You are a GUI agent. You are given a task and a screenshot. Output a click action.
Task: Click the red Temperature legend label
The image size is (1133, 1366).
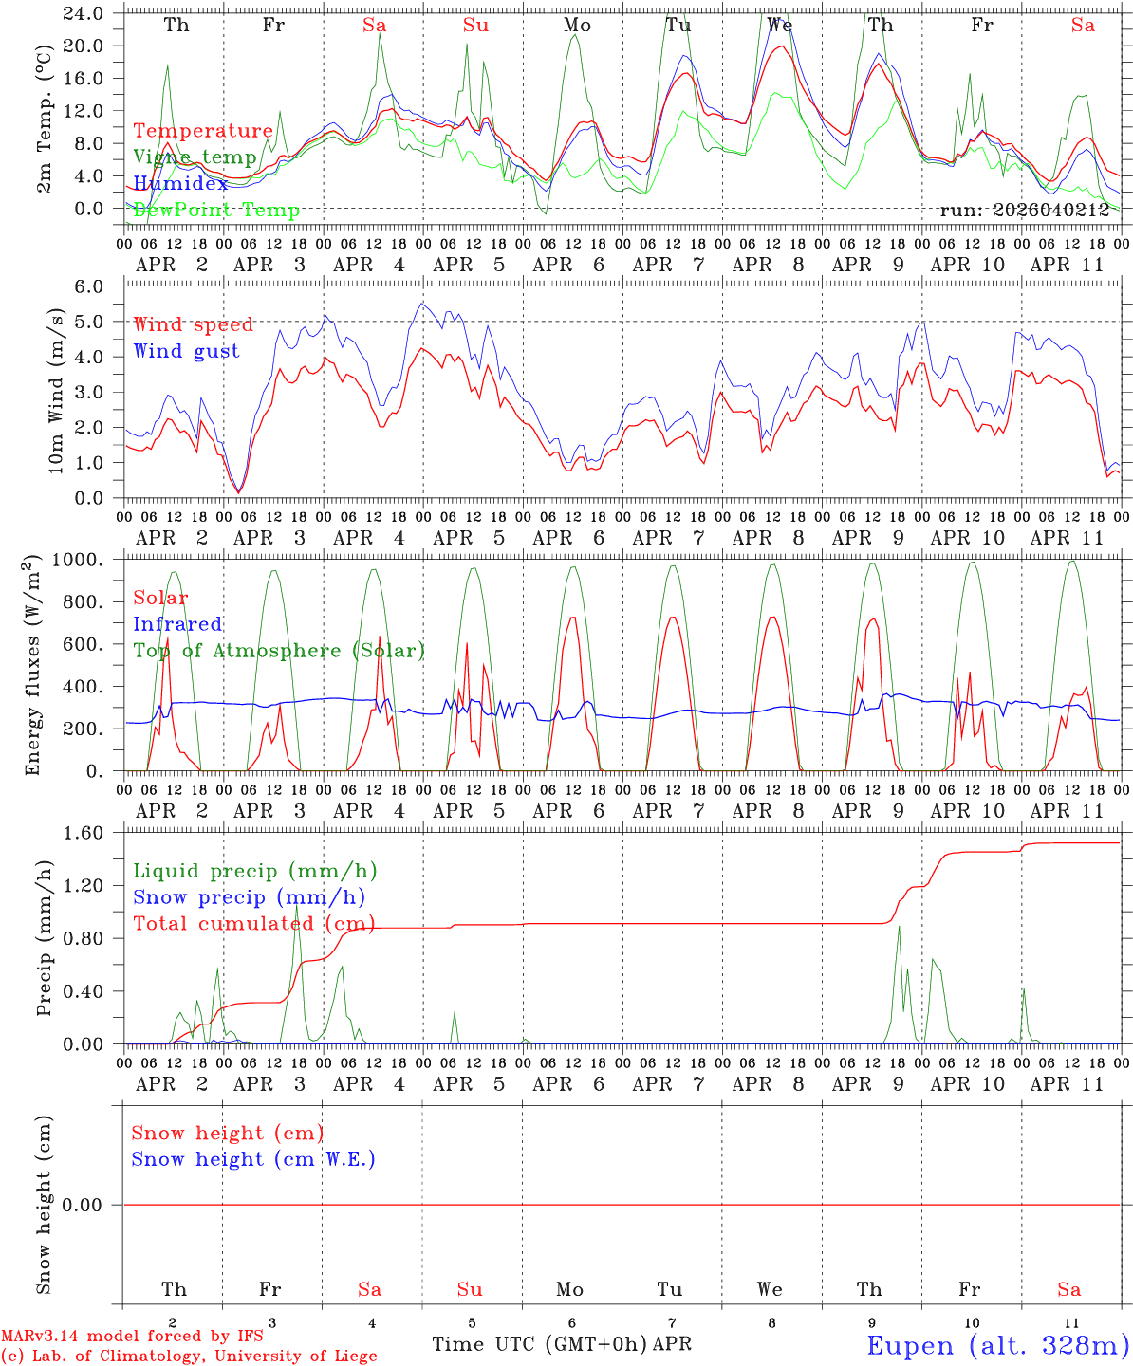click(203, 131)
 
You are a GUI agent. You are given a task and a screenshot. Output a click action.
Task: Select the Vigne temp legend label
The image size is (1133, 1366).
click(195, 157)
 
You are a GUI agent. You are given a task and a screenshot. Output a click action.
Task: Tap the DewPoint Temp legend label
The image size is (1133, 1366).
click(216, 211)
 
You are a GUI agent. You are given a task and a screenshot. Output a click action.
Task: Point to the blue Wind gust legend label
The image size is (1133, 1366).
click(186, 351)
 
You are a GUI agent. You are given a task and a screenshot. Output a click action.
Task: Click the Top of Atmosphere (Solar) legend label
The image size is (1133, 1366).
click(279, 651)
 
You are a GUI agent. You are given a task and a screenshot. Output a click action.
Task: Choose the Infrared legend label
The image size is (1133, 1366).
click(177, 624)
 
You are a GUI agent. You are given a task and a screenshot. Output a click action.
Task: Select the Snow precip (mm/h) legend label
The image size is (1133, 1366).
click(249, 897)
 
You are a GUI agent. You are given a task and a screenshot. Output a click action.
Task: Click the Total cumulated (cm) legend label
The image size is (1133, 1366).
click(253, 924)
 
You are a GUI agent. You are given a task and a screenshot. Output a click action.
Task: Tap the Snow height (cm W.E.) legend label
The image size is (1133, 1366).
click(253, 1159)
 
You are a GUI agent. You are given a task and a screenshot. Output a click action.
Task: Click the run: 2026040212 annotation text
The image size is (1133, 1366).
click(1024, 211)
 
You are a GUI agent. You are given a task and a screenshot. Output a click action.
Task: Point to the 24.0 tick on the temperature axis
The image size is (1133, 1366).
click(83, 14)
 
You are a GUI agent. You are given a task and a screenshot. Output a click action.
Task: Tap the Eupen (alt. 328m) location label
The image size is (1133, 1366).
click(997, 1345)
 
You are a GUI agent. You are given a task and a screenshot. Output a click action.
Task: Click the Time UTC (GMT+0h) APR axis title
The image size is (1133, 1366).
click(562, 1344)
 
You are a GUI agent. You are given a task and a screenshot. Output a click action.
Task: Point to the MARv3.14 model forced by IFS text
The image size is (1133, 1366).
click(132, 1337)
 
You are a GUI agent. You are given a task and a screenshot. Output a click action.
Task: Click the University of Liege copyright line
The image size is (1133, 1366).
click(189, 1357)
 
